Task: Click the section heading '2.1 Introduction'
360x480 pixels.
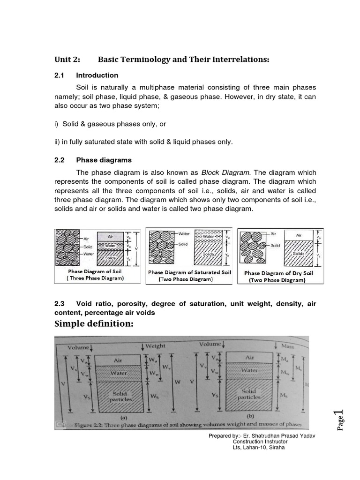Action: (86, 75)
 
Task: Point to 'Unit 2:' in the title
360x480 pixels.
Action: (67, 60)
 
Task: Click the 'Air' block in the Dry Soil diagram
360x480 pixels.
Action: (299, 235)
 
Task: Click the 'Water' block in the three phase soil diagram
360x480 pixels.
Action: (110, 245)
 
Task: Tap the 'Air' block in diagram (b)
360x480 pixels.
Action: (249, 357)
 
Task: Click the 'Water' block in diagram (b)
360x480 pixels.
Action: (249, 370)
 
